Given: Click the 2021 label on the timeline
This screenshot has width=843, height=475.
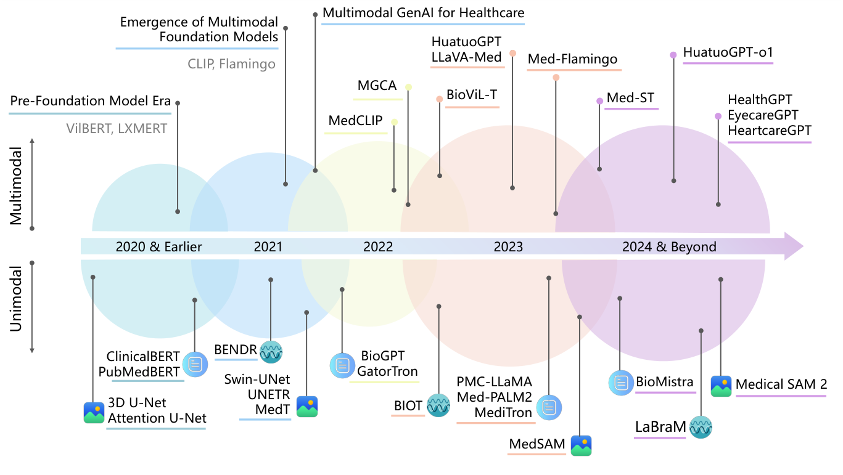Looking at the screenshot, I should point(268,247).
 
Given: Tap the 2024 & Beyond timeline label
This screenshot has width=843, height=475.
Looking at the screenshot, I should point(669,247).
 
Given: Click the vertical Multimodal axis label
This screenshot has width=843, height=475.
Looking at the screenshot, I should point(17,185).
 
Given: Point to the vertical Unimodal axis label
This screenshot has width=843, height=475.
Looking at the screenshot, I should point(17,299).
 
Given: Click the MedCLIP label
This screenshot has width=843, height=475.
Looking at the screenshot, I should point(355,121).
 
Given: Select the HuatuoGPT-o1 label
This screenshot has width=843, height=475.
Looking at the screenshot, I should point(728,52).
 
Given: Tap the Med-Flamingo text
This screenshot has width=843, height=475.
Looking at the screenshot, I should point(572,59).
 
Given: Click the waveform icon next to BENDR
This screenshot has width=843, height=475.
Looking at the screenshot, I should point(271,351).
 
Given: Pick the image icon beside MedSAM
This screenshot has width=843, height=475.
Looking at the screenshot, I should point(581,445).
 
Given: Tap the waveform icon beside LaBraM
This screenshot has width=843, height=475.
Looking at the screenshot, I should point(701,427).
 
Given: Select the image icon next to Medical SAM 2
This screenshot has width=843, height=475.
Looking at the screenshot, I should point(721,386).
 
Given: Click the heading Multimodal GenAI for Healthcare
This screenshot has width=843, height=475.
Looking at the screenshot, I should point(423,12).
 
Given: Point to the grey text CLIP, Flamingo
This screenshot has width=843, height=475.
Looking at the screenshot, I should point(231,64).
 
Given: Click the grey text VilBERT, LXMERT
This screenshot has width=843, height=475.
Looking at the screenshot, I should point(117,129).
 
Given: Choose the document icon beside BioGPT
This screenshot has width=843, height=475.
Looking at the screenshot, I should point(341,365).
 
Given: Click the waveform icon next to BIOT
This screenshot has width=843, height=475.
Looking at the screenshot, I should point(439,406).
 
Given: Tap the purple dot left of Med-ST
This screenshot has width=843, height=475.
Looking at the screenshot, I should point(599,101).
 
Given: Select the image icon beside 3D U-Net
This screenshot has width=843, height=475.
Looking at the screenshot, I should point(94,412).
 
